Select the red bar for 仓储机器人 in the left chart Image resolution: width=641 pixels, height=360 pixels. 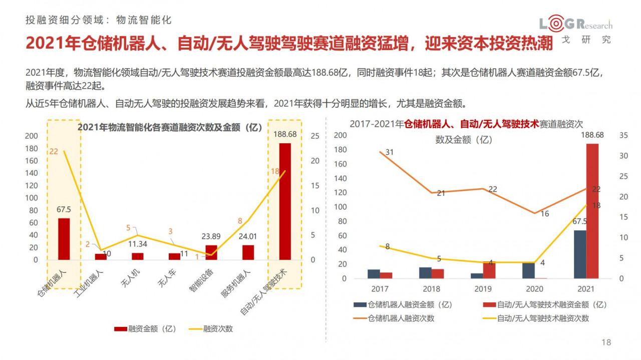click(x=64, y=239)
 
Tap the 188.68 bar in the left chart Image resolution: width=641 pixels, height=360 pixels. click(x=284, y=201)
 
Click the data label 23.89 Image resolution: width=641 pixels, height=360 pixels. click(x=211, y=236)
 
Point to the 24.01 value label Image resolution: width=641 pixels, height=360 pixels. click(x=248, y=236)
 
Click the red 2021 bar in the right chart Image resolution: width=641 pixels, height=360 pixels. click(x=592, y=211)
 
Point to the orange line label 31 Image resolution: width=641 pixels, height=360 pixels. click(x=390, y=152)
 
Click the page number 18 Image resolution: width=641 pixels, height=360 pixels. click(x=606, y=342)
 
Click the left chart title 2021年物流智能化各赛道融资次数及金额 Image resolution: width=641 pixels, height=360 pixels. click(x=170, y=127)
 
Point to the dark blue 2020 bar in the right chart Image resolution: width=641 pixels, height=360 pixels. click(x=528, y=270)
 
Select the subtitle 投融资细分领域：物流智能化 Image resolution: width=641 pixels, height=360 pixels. click(x=99, y=20)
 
